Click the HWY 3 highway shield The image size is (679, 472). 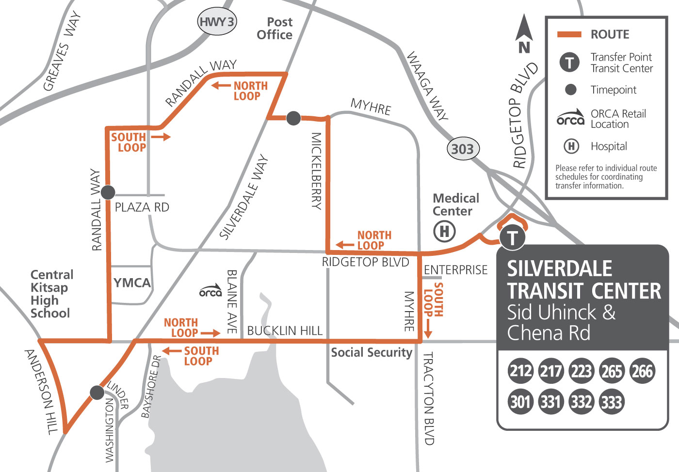coord(217,22)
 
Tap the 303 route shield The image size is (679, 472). coord(462,149)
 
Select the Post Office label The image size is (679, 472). coord(275,29)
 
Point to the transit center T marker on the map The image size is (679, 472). coord(512,237)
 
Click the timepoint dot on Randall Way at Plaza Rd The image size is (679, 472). coord(108,192)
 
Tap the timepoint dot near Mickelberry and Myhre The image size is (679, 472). coord(293,118)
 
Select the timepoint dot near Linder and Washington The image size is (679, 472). coord(97,393)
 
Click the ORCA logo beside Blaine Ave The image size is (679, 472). coord(210,291)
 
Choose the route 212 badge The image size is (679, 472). coord(520,371)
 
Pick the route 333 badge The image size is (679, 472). coord(611,402)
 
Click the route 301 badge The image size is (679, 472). coord(520,402)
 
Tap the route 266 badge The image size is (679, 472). coord(642,371)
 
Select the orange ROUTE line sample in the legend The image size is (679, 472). coord(569,34)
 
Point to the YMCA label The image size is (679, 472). coord(132,283)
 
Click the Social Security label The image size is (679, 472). coord(372,353)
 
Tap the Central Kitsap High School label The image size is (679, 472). coord(51,294)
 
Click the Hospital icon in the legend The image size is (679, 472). coord(571,146)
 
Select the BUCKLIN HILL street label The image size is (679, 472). coord(285,331)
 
